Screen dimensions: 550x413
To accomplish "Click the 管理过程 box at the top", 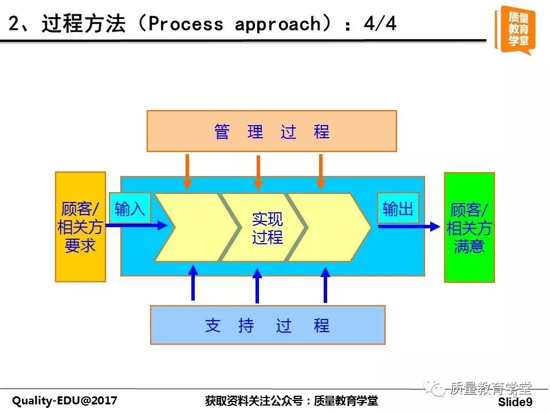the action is point(272,131).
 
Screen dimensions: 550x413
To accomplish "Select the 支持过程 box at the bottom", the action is point(268,325).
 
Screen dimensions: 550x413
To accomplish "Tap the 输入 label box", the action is point(130,208).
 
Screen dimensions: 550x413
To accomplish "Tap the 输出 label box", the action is point(398,208).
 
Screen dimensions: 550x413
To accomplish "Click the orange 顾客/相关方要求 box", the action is point(80,227).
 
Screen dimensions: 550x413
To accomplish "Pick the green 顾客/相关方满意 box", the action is point(469,228).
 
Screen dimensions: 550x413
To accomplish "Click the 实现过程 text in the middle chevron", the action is point(268,228).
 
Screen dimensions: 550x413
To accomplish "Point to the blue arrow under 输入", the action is point(137,225).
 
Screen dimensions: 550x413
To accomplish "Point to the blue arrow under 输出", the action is point(409,227).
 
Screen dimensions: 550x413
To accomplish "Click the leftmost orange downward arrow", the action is point(187,172).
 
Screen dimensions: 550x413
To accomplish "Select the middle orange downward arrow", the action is point(258,173).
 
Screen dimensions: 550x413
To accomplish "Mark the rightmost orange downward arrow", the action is point(321,172).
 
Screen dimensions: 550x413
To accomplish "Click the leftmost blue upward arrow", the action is point(193,283).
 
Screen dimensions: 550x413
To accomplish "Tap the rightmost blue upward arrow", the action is point(325,285).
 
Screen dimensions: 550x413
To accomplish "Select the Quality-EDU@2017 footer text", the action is point(65,400).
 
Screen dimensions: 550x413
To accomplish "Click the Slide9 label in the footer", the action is point(515,402).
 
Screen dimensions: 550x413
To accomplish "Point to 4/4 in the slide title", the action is point(380,24).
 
